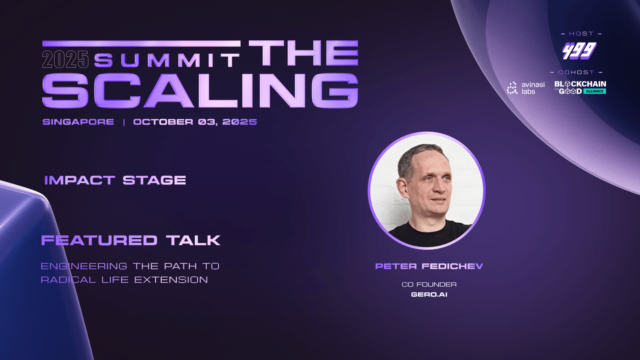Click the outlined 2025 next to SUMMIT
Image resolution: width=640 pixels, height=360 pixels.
point(66,60)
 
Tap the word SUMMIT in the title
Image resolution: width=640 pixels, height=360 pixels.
point(167,60)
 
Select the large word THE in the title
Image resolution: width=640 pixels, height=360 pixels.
point(304,53)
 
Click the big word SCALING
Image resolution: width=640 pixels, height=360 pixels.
point(200,90)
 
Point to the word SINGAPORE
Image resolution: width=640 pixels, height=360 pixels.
point(78,122)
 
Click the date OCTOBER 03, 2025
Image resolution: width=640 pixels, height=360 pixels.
point(195,122)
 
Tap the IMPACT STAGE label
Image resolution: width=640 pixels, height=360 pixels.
point(115,180)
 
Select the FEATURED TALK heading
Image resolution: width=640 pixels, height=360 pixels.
point(131,240)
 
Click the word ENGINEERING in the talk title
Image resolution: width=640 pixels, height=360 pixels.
point(84,266)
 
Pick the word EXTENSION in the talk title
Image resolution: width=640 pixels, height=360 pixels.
point(171,280)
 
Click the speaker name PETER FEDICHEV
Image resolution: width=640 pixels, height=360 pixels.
point(429,266)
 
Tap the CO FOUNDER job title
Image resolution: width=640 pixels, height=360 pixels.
point(429,284)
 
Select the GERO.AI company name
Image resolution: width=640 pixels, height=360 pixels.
point(429,294)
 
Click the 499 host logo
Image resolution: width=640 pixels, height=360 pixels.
point(580,51)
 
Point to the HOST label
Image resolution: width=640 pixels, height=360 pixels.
point(582,34)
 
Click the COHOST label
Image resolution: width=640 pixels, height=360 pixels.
point(576,72)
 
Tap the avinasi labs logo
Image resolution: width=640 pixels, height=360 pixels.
point(526,88)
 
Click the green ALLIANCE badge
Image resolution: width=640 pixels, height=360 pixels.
point(595,91)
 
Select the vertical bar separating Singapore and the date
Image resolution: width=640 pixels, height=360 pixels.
point(124,122)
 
